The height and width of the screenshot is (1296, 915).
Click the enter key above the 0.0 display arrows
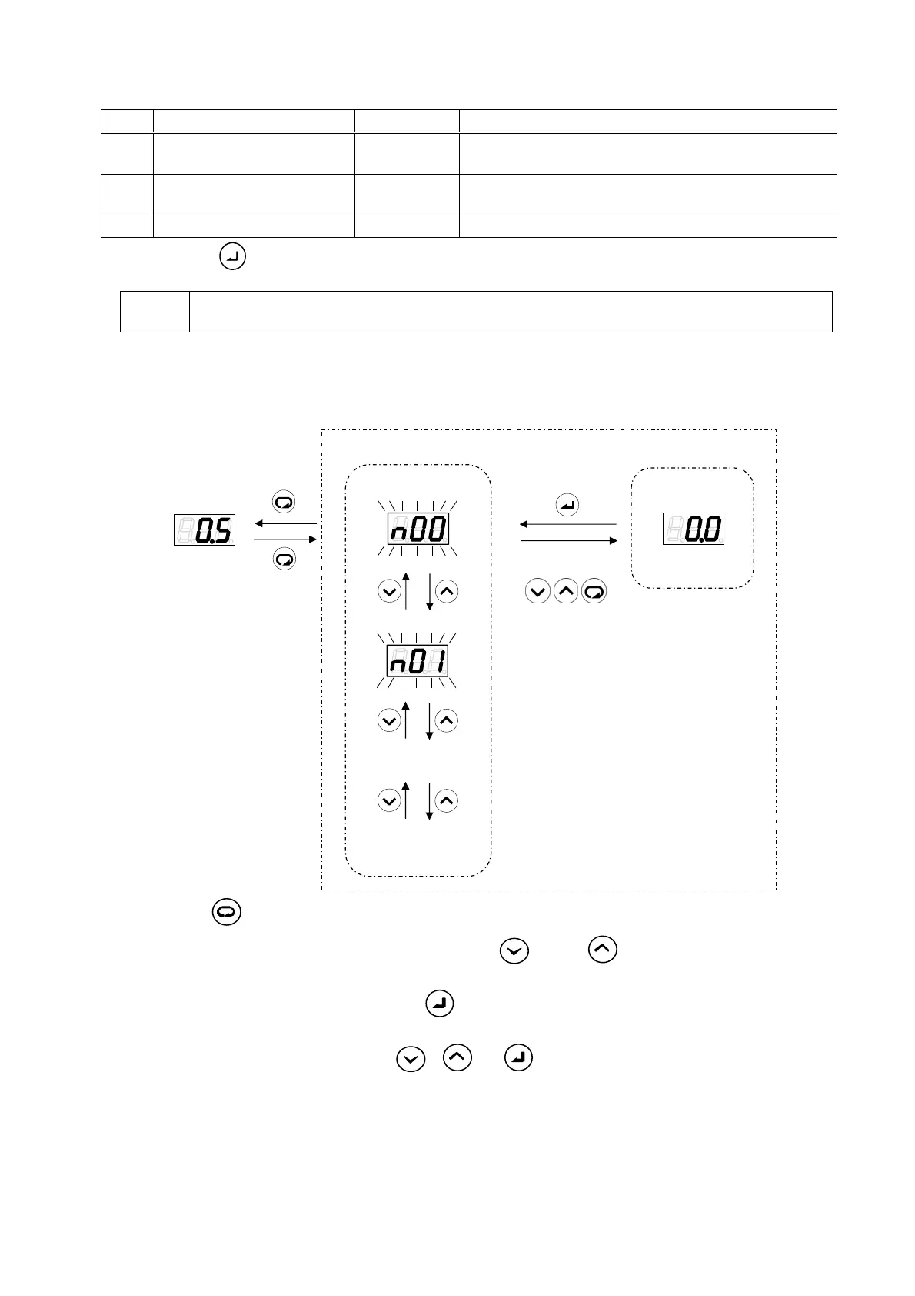pos(567,506)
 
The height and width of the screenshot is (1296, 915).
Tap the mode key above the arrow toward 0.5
pos(284,503)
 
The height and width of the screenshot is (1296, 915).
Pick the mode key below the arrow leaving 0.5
pos(284,559)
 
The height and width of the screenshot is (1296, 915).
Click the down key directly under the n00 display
pos(389,591)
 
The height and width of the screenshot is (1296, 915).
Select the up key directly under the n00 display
pos(447,591)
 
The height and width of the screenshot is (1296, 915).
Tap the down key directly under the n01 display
pos(389,720)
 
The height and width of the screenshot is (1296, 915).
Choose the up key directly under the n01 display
pos(447,720)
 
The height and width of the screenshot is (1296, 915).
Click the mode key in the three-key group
pos(594,592)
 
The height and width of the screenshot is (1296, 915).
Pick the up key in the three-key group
pos(566,592)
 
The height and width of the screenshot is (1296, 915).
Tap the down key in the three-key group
pos(537,592)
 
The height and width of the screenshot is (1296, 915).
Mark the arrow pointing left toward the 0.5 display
pos(285,523)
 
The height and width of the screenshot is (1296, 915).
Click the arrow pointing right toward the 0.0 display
pos(568,541)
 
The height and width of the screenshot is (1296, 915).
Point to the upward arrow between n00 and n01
pos(406,591)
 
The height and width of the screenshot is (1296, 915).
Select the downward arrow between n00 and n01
pos(429,591)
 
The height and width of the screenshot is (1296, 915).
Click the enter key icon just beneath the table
pos(233,256)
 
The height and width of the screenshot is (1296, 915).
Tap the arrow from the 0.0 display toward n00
pos(568,524)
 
